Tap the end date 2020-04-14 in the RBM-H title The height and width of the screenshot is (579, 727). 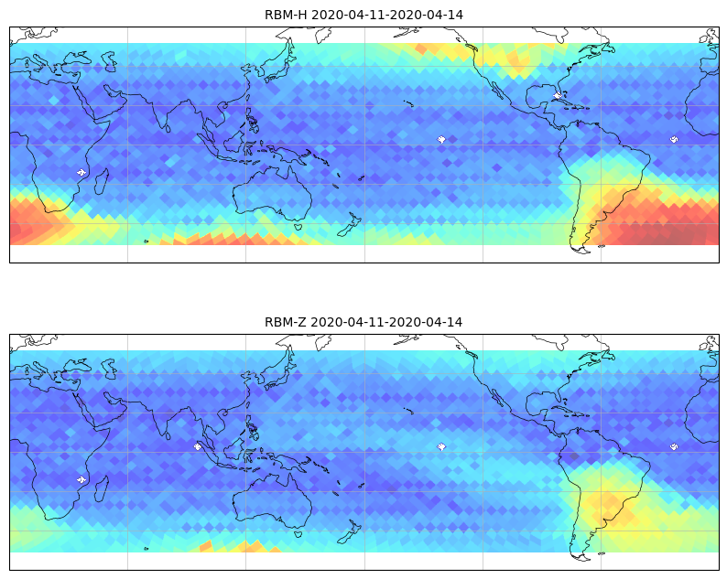pos(427,15)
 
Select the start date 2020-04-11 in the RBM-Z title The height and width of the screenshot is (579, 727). pos(347,322)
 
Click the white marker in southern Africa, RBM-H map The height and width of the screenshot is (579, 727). pos(81,172)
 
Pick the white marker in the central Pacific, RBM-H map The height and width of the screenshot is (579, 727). pos(441,139)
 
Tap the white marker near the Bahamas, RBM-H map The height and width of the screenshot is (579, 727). pos(558,95)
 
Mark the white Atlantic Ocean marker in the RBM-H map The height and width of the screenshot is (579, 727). pos(674,139)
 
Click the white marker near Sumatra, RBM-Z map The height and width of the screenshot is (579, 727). pos(198,446)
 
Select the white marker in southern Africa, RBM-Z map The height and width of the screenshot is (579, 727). pos(81,479)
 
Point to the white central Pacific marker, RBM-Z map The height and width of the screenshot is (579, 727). pos(441,446)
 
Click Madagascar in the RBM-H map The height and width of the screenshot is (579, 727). pos(102,182)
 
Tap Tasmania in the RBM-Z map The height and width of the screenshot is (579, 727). pos(298,533)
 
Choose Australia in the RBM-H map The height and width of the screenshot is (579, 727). pos(273,192)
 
